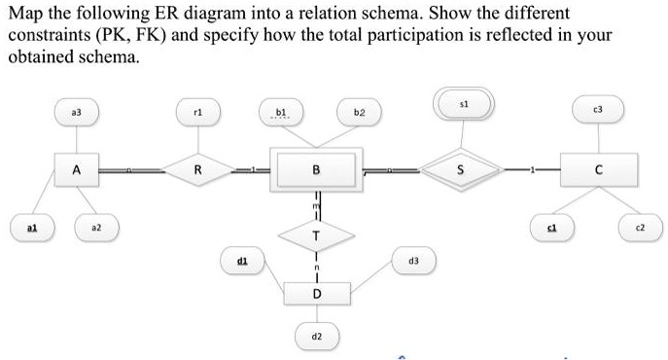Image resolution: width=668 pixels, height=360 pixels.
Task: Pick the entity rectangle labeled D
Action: tap(315, 293)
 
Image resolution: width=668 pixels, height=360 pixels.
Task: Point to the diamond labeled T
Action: tap(315, 234)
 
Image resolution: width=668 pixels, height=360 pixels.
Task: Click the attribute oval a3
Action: tap(75, 113)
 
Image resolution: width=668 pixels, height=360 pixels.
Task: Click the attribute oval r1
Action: tap(197, 113)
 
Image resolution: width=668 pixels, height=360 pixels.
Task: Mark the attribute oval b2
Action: tap(358, 113)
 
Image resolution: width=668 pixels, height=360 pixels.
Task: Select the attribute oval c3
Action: tap(598, 109)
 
